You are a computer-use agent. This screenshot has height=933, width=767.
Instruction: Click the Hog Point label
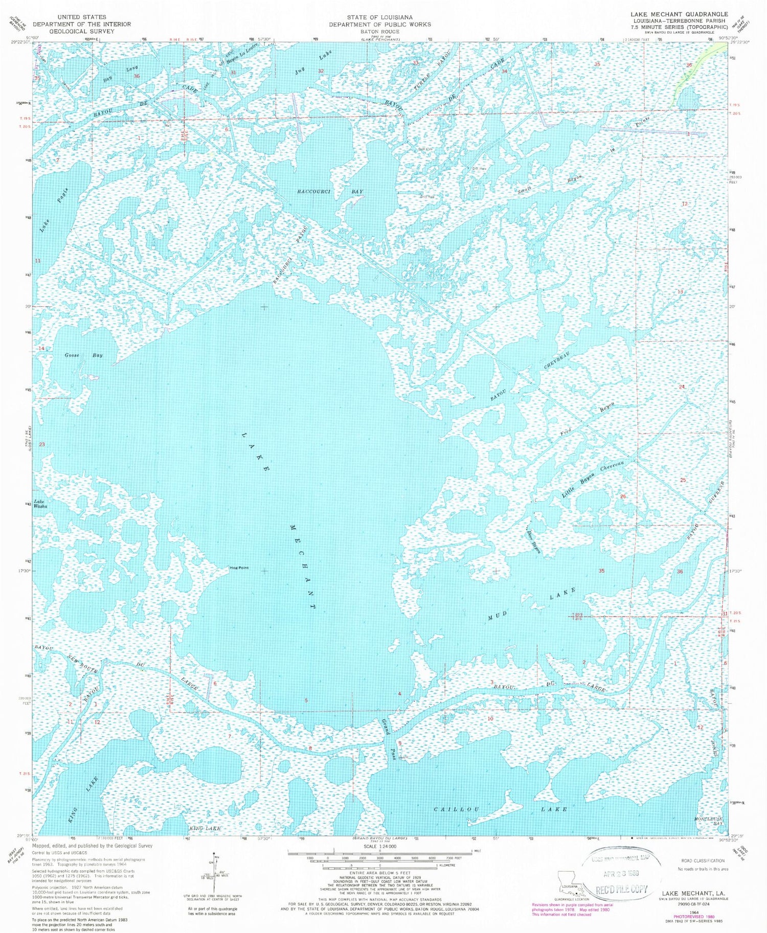click(x=239, y=568)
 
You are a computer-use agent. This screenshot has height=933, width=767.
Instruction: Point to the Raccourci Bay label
click(x=330, y=192)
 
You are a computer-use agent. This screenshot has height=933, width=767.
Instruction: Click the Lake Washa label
click(x=40, y=504)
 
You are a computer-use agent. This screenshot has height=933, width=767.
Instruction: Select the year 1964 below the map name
click(x=694, y=911)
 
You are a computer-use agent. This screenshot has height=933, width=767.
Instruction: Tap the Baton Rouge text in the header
click(x=380, y=31)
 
